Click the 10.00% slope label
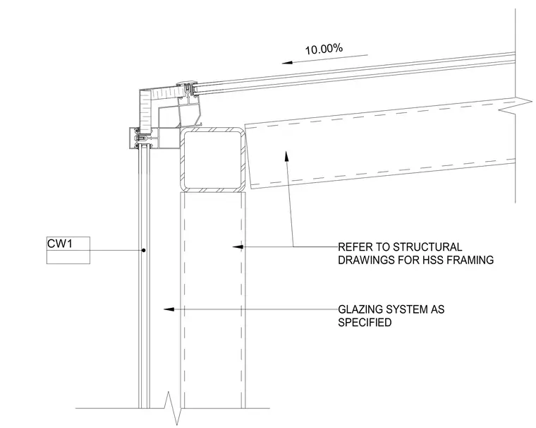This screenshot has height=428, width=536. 324,49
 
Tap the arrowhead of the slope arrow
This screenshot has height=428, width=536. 287,63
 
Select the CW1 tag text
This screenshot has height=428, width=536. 60,244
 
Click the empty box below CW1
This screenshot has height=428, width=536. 68,257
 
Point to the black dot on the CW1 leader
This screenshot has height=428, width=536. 144,250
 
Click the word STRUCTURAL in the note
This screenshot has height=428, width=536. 427,247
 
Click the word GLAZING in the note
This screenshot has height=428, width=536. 360,309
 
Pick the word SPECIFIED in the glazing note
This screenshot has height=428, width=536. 365,322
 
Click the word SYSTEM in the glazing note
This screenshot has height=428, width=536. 407,309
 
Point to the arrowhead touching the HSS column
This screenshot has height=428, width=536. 238,246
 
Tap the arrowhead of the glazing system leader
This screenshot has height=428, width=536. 169,309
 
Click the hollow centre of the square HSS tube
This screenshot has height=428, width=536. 212,159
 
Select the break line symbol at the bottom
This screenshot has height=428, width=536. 173,408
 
